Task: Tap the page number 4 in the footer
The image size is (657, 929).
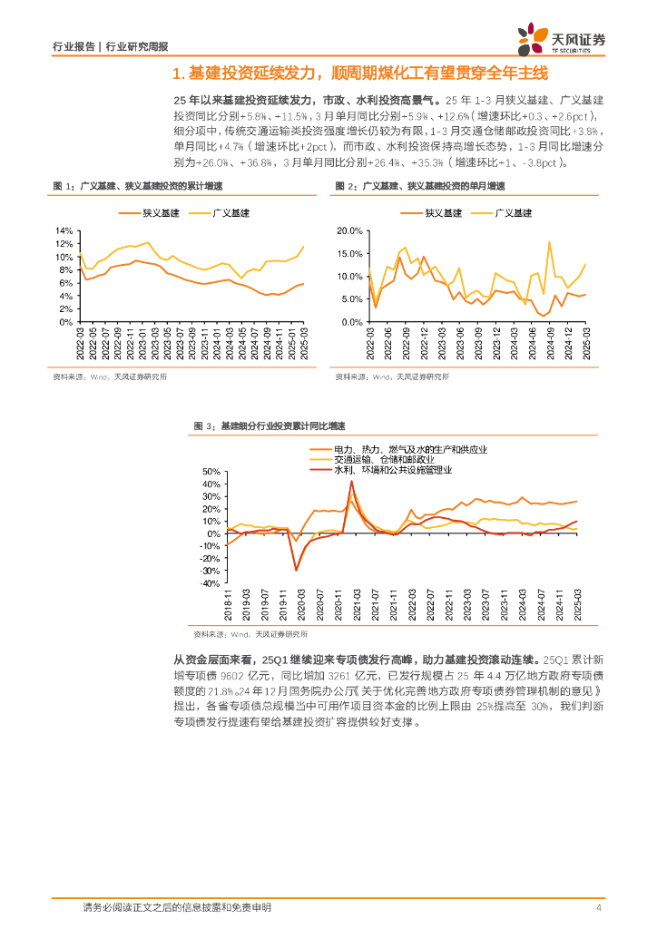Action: click(x=599, y=907)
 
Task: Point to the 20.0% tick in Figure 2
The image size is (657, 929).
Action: click(x=349, y=230)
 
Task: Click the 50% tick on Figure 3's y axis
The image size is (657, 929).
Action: click(x=211, y=472)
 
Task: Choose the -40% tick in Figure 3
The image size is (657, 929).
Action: click(x=209, y=583)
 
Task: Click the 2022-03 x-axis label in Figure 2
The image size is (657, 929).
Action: click(x=370, y=344)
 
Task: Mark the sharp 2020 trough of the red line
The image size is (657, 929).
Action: click(x=296, y=570)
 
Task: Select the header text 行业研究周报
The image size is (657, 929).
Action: click(x=137, y=45)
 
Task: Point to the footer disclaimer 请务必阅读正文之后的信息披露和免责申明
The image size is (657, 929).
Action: click(x=176, y=907)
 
